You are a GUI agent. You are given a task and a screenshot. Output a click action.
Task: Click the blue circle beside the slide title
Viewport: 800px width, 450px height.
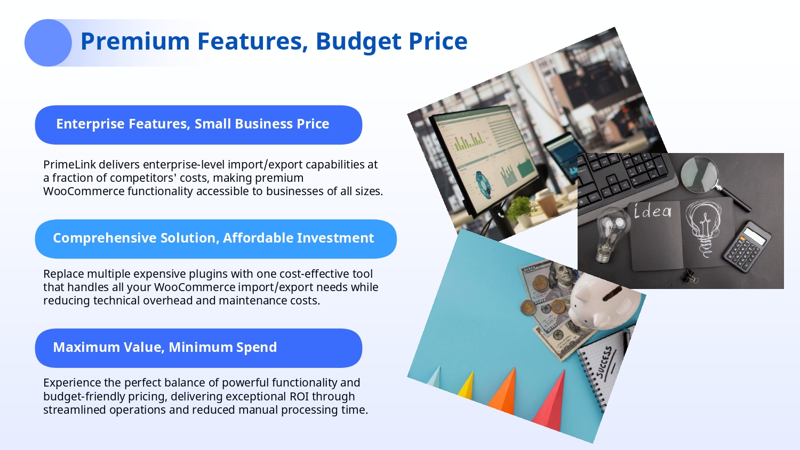point(48,43)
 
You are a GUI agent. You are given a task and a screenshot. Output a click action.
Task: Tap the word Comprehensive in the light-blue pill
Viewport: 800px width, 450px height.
point(105,238)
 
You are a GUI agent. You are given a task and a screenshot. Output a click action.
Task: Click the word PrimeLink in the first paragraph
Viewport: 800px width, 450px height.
point(70,165)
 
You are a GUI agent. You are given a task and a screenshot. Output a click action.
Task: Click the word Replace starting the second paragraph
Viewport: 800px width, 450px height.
point(63,274)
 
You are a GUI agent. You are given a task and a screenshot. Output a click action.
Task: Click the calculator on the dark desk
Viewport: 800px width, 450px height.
point(747,247)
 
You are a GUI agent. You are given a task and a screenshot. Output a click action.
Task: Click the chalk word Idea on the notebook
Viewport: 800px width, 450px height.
point(652,211)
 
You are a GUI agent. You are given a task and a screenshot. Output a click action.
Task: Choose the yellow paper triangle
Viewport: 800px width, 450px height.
point(466,385)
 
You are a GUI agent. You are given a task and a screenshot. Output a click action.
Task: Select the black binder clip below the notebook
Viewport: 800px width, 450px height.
point(690,276)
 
